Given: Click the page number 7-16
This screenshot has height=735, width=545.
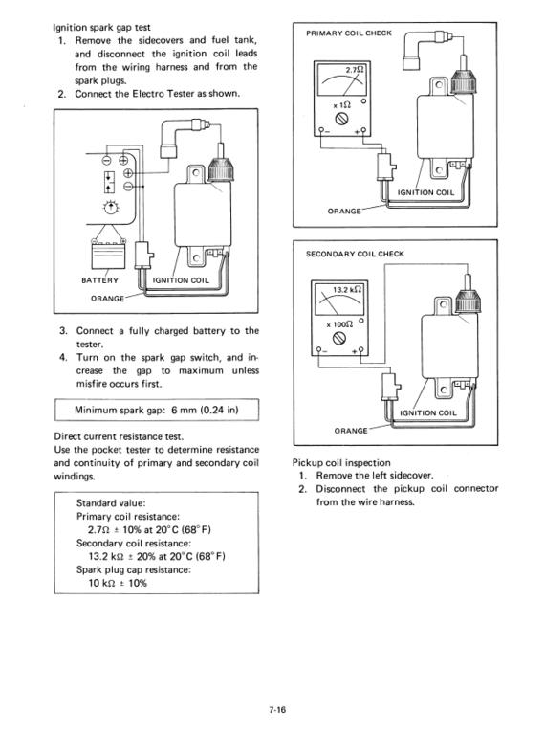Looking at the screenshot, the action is [x=277, y=709].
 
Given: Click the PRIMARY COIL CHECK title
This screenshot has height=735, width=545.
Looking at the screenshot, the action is [x=349, y=33].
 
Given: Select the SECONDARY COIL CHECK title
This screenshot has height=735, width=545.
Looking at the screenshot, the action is [x=355, y=254].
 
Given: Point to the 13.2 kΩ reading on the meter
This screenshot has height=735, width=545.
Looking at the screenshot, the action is [x=346, y=290].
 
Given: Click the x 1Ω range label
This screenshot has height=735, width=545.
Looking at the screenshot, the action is [x=341, y=105].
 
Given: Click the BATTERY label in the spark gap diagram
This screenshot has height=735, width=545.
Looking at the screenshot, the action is [x=99, y=280].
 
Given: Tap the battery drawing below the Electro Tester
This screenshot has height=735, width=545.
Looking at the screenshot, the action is [x=109, y=253].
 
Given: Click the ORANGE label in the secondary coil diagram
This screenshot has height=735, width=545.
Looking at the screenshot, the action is [x=351, y=431].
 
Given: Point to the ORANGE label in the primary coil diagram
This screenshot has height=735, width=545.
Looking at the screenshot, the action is [x=344, y=211].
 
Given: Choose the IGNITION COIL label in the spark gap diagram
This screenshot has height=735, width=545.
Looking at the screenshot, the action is [x=182, y=280].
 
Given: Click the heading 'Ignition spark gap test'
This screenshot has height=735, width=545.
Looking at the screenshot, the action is [x=101, y=27].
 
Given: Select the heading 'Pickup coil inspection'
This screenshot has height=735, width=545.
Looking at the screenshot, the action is [x=341, y=462].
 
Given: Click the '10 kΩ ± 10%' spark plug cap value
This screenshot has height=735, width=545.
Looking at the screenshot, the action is [x=118, y=583].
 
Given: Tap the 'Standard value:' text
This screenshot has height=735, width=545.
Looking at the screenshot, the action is [x=111, y=503].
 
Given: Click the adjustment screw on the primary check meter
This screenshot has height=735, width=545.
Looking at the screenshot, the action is [x=341, y=119].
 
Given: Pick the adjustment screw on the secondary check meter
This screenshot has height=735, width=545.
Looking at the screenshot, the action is [x=339, y=338].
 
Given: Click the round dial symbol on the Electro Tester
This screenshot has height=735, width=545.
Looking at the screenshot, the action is [x=111, y=207].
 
